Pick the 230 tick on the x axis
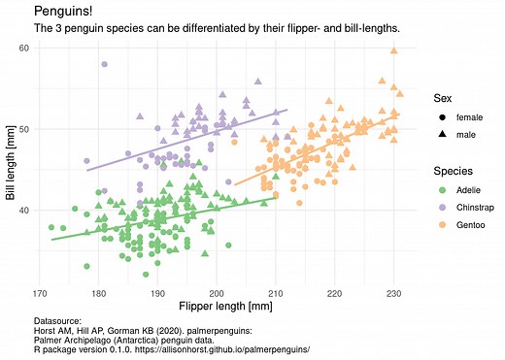[x=393, y=292]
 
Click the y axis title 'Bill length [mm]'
[x=10, y=162]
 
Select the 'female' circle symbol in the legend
[x=443, y=116]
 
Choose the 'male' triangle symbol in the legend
[x=443, y=133]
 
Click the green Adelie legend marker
[x=443, y=190]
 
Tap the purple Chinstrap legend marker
[x=443, y=207]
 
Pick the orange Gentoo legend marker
[x=443, y=224]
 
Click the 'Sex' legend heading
[x=443, y=97]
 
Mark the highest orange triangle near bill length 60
[x=393, y=50]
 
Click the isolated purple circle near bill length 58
[x=104, y=64]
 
